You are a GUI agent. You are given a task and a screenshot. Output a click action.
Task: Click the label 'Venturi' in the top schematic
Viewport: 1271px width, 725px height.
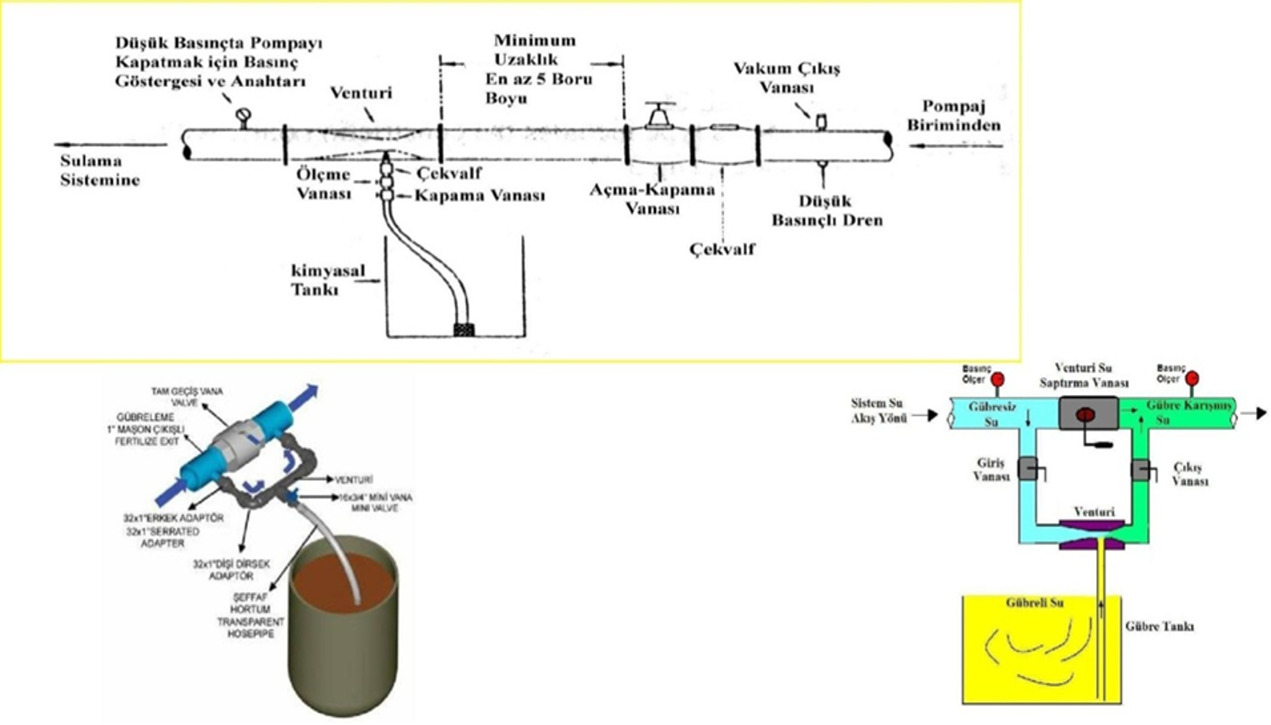361,93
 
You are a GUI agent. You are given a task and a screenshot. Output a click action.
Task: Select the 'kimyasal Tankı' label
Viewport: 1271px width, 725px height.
327,280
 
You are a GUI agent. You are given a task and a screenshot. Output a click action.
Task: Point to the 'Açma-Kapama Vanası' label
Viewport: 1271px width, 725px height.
652,199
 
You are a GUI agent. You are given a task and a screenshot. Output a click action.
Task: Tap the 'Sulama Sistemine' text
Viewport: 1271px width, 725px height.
99,171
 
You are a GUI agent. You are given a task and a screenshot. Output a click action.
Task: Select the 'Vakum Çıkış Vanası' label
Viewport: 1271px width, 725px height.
786,78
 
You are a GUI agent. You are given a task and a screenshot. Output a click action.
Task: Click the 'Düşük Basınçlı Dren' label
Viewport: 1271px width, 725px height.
827,211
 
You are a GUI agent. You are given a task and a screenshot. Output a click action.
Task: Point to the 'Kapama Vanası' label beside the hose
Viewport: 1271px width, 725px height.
479,195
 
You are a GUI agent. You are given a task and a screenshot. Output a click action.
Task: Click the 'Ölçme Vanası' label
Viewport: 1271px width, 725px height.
324,183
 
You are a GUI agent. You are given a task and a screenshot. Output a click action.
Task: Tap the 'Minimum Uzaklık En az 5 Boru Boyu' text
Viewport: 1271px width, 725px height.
537,69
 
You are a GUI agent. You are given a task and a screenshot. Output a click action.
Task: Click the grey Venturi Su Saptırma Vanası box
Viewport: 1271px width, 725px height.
1088,414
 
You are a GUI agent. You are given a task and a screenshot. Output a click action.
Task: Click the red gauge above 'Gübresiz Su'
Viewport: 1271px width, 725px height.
998,379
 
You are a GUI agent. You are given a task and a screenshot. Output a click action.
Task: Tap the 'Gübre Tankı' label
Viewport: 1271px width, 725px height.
1159,626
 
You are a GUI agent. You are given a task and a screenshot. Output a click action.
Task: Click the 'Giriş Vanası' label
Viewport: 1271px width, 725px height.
991,469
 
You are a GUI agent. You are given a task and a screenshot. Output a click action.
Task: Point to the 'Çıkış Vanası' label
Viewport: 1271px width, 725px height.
1190,473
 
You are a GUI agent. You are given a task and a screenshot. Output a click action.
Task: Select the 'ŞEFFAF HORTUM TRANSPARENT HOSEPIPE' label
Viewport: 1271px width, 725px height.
251,615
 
